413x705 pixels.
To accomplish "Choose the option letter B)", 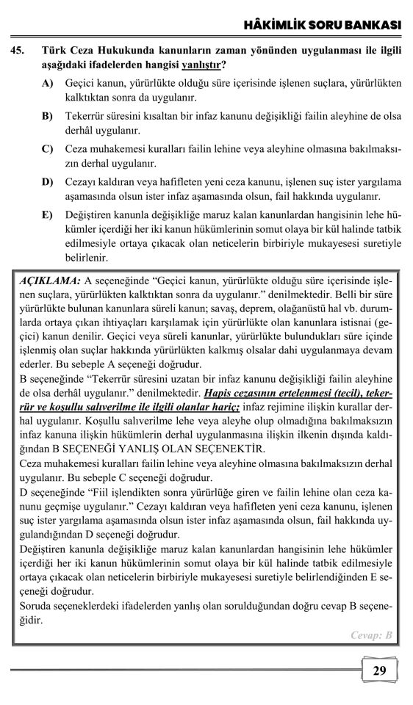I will click(x=48, y=117).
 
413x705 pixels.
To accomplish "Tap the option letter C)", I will click(x=48, y=149).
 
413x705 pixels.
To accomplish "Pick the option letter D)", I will click(x=48, y=181).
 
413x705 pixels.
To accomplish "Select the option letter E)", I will click(x=48, y=213).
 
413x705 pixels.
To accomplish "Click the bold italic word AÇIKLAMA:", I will click(x=50, y=281).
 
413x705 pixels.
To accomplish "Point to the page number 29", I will click(x=379, y=670).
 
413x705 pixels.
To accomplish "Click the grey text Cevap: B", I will click(x=372, y=635).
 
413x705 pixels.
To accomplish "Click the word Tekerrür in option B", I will click(x=85, y=117).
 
